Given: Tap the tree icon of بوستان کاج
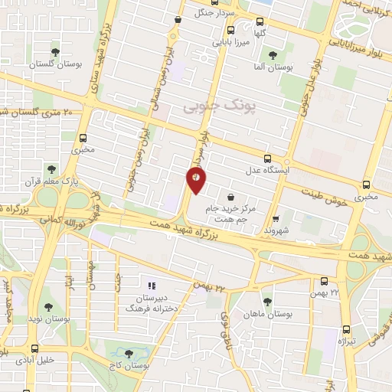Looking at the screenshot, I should tap(128, 353).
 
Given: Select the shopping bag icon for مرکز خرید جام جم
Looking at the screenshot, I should tap(230, 198).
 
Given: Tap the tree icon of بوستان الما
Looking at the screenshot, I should tap(273, 54).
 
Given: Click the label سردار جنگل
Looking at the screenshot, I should tap(212, 12).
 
